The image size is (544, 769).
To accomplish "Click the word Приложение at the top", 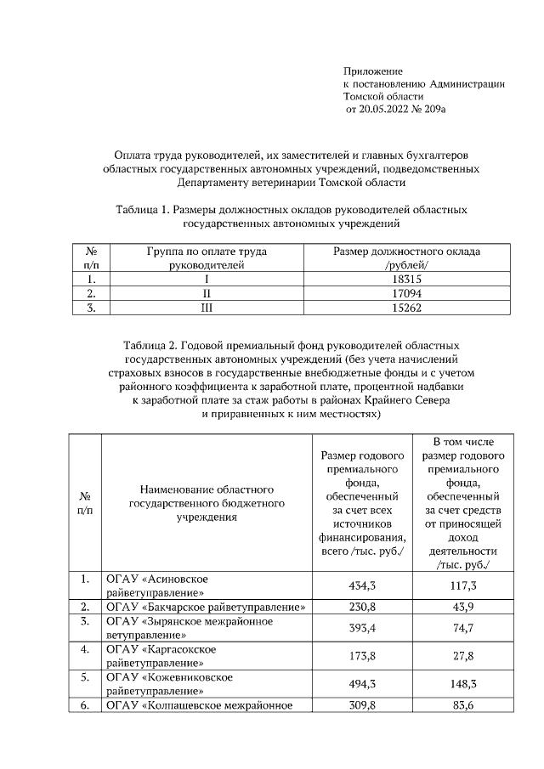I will [x=372, y=71].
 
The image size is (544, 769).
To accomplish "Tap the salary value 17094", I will [x=406, y=294].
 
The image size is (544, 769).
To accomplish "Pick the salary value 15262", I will [x=406, y=308].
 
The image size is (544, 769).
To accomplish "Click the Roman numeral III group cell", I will [x=206, y=308].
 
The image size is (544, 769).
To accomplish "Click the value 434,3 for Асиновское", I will [x=363, y=586].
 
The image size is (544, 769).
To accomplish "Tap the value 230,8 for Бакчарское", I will [x=363, y=607].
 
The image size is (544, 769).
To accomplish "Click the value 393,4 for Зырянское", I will [x=363, y=628].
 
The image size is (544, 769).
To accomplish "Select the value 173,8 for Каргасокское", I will [x=363, y=656].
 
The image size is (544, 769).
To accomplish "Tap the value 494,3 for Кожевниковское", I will [x=363, y=684].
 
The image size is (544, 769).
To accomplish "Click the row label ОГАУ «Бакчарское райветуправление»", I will [x=205, y=607].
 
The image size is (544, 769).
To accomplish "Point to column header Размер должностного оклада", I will [x=406, y=252].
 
